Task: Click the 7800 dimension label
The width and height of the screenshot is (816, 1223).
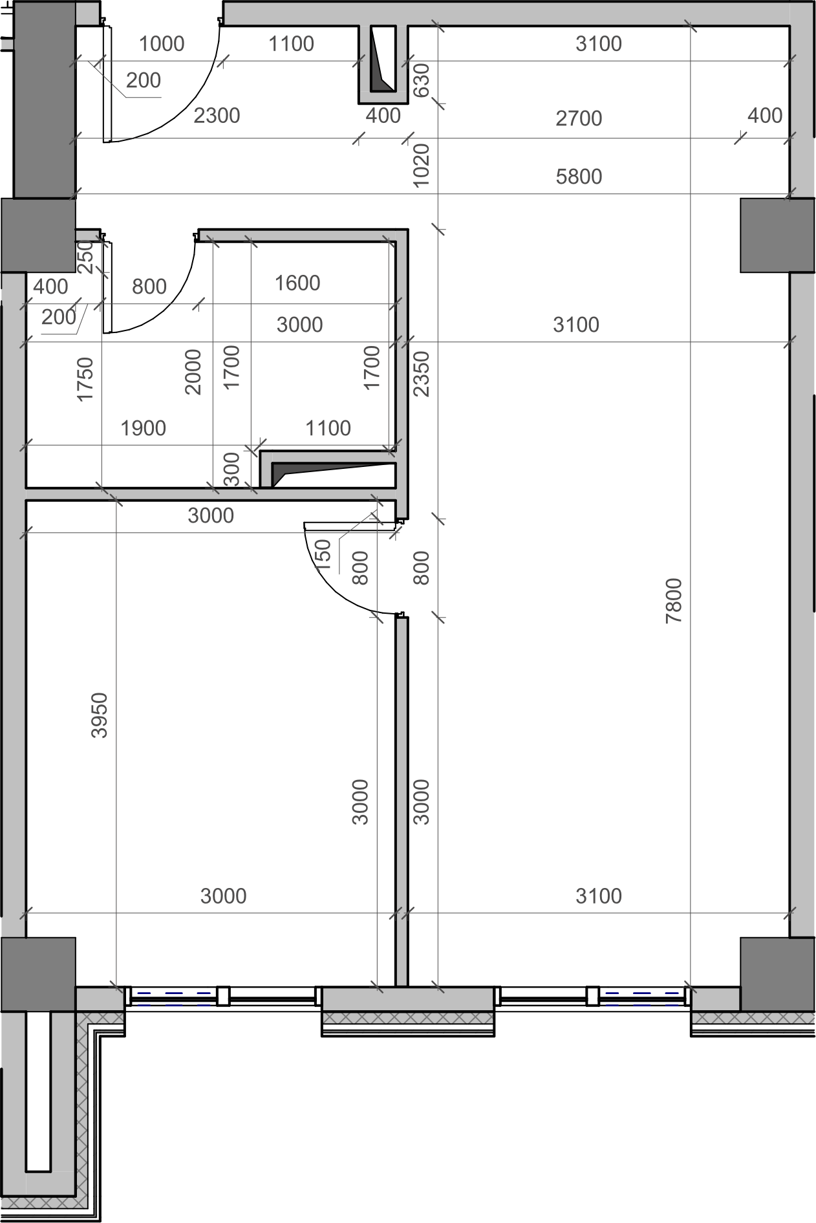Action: click(674, 600)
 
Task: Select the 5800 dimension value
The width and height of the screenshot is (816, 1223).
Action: click(579, 177)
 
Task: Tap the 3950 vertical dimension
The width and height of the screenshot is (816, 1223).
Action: click(100, 715)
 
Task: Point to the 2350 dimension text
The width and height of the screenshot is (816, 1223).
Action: click(421, 374)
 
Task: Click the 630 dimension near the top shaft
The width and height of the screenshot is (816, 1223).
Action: click(421, 80)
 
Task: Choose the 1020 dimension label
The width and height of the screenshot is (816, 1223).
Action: click(421, 166)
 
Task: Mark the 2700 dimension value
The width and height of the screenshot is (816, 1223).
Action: click(579, 118)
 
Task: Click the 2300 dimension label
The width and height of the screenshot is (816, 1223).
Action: click(217, 116)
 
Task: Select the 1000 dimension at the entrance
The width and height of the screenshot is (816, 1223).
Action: click(162, 44)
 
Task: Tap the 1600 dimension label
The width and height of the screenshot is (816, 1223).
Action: click(297, 283)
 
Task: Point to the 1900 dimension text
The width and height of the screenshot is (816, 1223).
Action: click(144, 428)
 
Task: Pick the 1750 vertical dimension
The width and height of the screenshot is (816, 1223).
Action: click(85, 380)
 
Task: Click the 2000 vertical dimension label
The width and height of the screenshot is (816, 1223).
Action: click(193, 372)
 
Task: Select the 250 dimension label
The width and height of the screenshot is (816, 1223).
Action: click(85, 257)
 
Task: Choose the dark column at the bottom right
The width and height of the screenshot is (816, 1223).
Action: click(777, 974)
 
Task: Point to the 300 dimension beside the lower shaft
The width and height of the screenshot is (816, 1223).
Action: click(231, 469)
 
